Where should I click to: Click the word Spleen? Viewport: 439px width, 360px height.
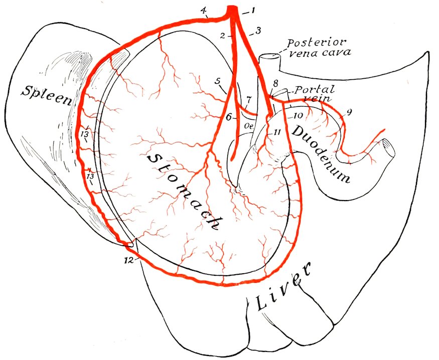[x=47, y=95]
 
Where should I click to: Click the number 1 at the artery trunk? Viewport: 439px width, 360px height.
[x=253, y=11]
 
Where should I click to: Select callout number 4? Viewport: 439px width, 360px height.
[x=204, y=11]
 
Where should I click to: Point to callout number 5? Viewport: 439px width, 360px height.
[x=218, y=81]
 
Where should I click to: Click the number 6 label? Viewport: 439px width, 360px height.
[x=229, y=117]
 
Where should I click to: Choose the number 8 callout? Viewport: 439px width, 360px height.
[x=275, y=83]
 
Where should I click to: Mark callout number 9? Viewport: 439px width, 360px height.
[x=349, y=112]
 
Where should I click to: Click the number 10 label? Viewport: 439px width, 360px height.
[x=299, y=115]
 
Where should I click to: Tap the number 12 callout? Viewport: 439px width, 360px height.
[x=128, y=260]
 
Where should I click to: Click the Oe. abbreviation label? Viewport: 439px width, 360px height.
[x=249, y=126]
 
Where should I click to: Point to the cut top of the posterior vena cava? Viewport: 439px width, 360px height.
[x=269, y=57]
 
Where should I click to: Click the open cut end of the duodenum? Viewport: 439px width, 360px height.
[x=389, y=148]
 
